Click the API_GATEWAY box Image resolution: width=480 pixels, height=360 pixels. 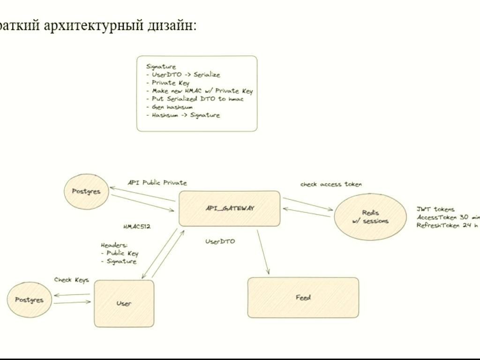click(229, 209)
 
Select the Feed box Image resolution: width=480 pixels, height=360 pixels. click(303, 298)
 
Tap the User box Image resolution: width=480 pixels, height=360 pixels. click(124, 303)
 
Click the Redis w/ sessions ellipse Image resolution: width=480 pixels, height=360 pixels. click(370, 217)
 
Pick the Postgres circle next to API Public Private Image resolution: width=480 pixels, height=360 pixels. click(86, 191)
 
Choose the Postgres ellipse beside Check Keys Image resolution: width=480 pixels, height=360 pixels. click(29, 300)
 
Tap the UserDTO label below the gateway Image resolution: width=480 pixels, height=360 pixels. click(220, 241)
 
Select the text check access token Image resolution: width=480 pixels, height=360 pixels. click(331, 184)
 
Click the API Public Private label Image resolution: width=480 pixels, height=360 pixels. click(157, 183)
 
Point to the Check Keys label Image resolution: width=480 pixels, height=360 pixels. click(71, 280)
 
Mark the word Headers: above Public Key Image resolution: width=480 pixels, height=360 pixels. click(114, 245)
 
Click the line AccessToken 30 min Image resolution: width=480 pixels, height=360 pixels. click(448, 217)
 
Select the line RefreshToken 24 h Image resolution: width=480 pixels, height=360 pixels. click(447, 225)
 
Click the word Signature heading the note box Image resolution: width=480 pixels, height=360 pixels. click(161, 67)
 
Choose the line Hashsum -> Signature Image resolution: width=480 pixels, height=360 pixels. click(186, 115)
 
